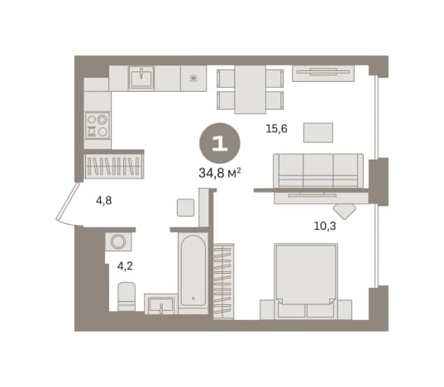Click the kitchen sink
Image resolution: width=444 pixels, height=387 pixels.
pyautogui.click(x=141, y=77)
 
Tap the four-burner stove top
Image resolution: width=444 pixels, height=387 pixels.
pyautogui.click(x=98, y=126)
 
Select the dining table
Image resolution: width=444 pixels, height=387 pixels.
pyautogui.click(x=251, y=89)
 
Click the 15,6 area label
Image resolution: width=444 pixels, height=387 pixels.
pyautogui.click(x=276, y=129)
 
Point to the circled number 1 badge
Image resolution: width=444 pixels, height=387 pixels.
pyautogui.click(x=220, y=143)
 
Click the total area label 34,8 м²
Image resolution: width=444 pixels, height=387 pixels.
pyautogui.click(x=220, y=173)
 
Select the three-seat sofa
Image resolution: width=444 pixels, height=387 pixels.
pyautogui.click(x=318, y=170)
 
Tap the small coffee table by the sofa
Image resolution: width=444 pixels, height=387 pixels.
pyautogui.click(x=318, y=132)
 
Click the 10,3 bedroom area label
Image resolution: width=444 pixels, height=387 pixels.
pyautogui.click(x=325, y=226)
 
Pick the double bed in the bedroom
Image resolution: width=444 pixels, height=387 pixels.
pyautogui.click(x=306, y=281)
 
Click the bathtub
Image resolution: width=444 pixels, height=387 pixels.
pyautogui.click(x=193, y=271)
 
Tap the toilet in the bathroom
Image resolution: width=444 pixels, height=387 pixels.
pyautogui.click(x=127, y=296)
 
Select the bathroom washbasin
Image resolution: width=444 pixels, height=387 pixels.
pyautogui.click(x=161, y=304)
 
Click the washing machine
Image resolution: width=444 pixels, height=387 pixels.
pyautogui.click(x=118, y=241)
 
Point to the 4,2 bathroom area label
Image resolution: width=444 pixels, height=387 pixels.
pyautogui.click(x=125, y=266)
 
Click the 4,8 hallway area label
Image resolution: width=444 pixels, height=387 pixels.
pyautogui.click(x=104, y=201)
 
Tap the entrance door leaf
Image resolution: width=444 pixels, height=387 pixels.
pyautogui.click(x=67, y=202)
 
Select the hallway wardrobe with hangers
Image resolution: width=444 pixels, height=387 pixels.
pyautogui.click(x=114, y=166)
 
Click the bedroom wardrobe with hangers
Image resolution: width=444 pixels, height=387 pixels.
pyautogui.click(x=223, y=280)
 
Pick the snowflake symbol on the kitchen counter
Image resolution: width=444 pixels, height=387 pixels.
pyautogui.click(x=193, y=78)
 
